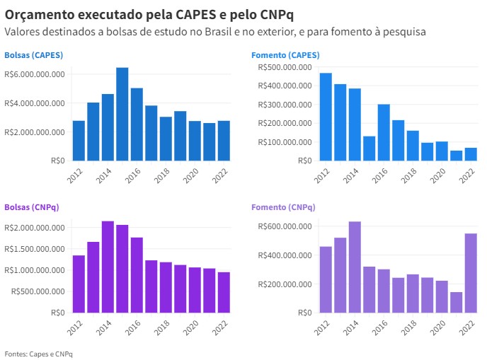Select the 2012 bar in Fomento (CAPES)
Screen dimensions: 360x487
click(x=326, y=117)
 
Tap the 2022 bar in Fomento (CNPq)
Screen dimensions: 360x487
click(x=470, y=273)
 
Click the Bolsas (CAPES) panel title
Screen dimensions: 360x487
click(x=33, y=55)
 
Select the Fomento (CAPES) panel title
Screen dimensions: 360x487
click(x=285, y=55)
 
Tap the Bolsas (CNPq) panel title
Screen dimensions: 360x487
click(x=32, y=207)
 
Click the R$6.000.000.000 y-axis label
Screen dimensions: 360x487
click(x=35, y=74)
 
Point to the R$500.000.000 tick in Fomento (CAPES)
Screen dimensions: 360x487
click(x=285, y=67)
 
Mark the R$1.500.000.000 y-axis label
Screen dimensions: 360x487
click(x=35, y=249)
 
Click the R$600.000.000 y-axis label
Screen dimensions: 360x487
click(x=285, y=226)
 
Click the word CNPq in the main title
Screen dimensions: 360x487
click(x=271, y=14)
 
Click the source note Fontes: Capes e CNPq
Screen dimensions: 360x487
click(x=38, y=353)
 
